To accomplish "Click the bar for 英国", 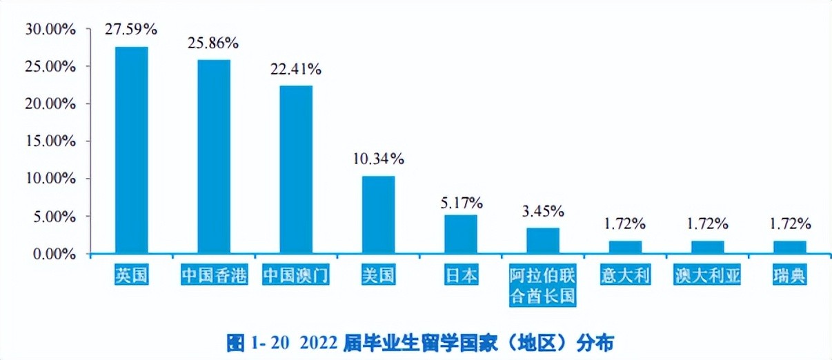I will (x=131, y=150).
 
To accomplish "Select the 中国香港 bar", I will (x=214, y=157).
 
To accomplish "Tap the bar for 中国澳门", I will (x=296, y=169).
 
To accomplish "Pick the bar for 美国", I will (x=378, y=214).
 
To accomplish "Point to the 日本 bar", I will (x=460, y=234).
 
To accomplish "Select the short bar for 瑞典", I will (x=790, y=247).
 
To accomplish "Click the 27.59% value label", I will (x=131, y=29).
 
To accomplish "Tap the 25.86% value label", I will (x=212, y=43).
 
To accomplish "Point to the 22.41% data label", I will (x=295, y=69).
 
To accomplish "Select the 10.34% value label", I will (x=378, y=159).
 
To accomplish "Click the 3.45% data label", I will (x=543, y=210).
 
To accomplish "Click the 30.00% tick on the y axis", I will (x=49, y=29).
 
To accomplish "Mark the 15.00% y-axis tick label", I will (x=49, y=141).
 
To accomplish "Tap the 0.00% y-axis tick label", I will (x=52, y=254).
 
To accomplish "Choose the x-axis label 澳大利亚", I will (x=707, y=276).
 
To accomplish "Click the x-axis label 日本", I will (x=460, y=276).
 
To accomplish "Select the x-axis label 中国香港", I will (x=214, y=276).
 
